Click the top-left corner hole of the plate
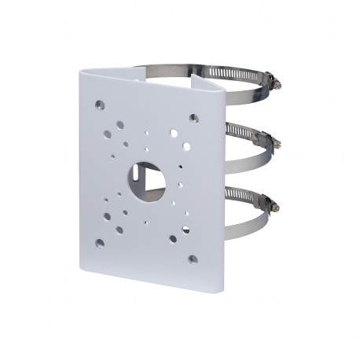tap(100, 104)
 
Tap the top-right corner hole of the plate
tap(193, 118)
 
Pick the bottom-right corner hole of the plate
tap(192, 258)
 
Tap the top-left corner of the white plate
tap(82, 72)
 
